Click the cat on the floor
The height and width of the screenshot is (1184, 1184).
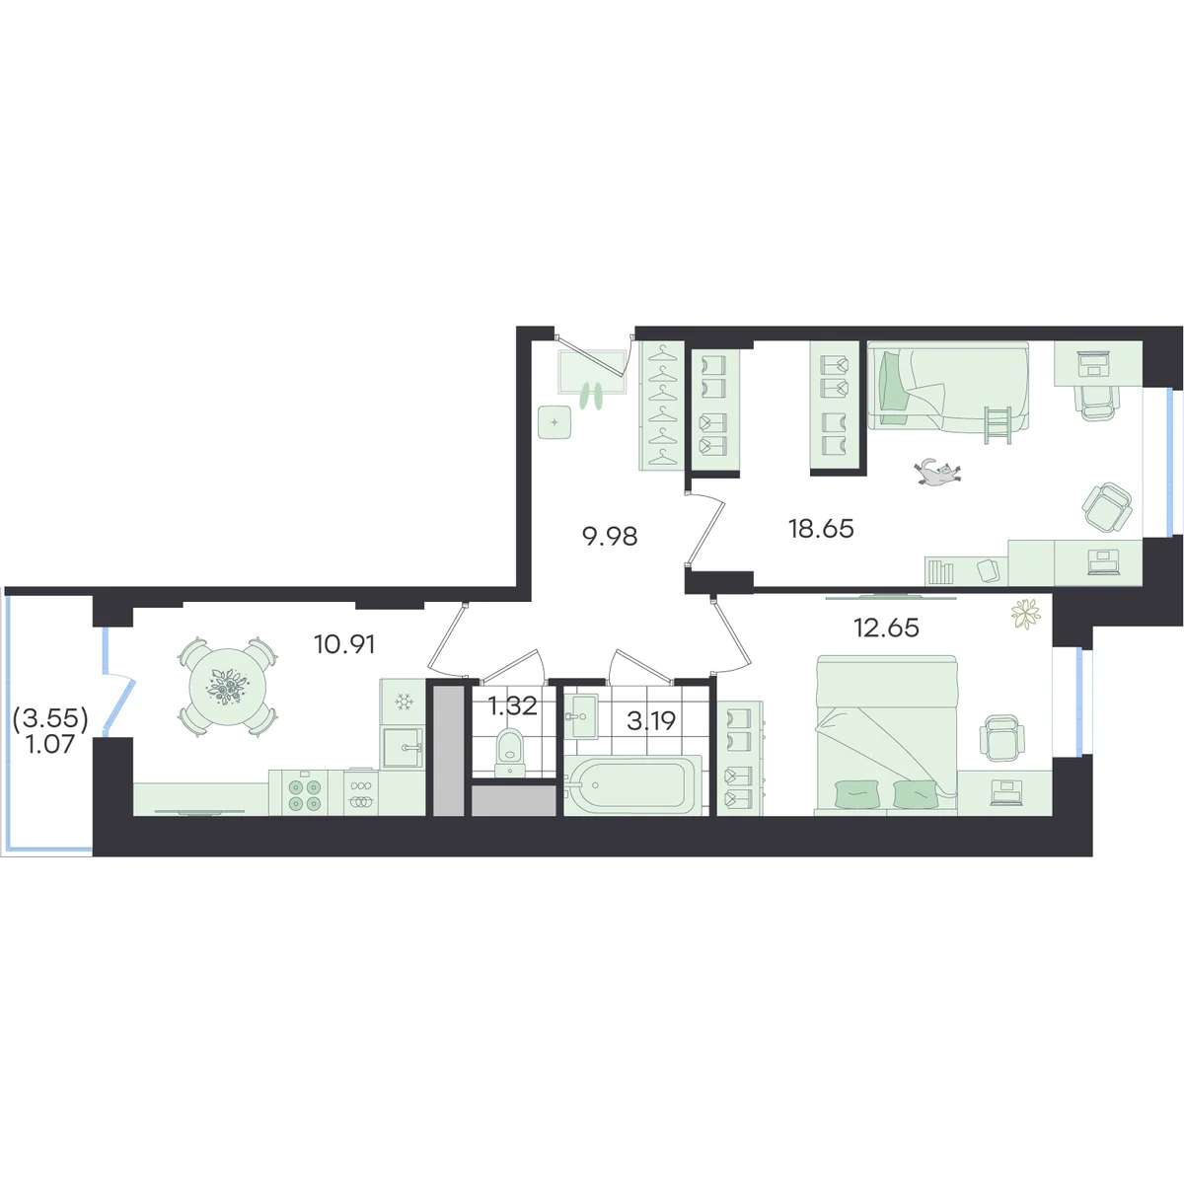[937, 472]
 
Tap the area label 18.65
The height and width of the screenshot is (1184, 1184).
[821, 529]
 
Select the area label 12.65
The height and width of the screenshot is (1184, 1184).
[887, 628]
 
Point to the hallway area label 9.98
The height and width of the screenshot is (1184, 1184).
[610, 537]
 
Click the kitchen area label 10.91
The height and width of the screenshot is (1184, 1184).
[344, 644]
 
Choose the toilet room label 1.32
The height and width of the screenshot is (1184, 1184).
[512, 706]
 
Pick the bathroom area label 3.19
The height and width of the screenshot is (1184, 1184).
[651, 720]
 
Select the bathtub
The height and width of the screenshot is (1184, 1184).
[632, 784]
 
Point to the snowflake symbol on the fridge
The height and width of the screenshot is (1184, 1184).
[404, 703]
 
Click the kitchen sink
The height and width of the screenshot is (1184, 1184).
[404, 747]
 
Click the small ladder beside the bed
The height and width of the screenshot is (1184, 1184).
[998, 424]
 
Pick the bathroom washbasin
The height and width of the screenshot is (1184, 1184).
[580, 715]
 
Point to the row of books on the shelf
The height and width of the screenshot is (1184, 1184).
[940, 572]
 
